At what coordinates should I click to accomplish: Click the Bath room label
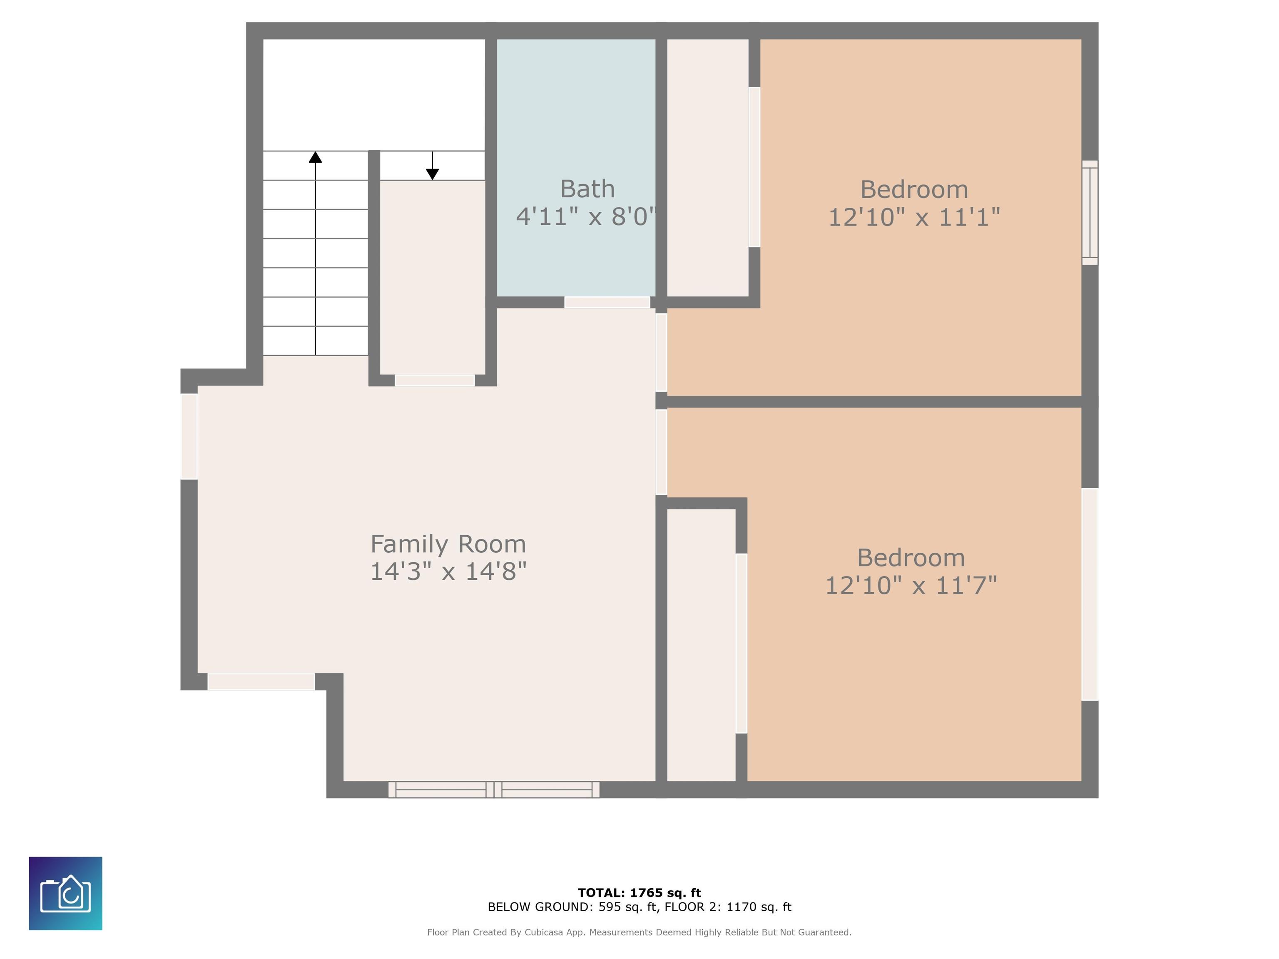click(x=587, y=189)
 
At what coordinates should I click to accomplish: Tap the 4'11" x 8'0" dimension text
click(x=586, y=217)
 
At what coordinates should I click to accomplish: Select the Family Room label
click(x=448, y=544)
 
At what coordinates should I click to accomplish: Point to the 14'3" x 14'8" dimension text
click(x=448, y=572)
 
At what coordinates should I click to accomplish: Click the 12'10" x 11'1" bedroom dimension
click(x=914, y=217)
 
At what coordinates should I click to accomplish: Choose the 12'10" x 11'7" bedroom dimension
click(x=911, y=586)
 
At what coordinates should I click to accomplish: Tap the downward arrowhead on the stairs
click(x=433, y=174)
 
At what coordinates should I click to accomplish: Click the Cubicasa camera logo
click(x=65, y=894)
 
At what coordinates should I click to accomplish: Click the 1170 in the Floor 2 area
click(x=741, y=907)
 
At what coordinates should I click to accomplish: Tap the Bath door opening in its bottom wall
click(x=607, y=302)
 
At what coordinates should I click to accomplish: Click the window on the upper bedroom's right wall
click(x=1090, y=213)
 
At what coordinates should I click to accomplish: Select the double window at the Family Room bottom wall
click(x=494, y=790)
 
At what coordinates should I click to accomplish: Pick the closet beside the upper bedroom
click(x=708, y=168)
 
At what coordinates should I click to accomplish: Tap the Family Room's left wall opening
click(x=189, y=437)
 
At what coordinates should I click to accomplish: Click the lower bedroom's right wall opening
click(x=1090, y=594)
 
